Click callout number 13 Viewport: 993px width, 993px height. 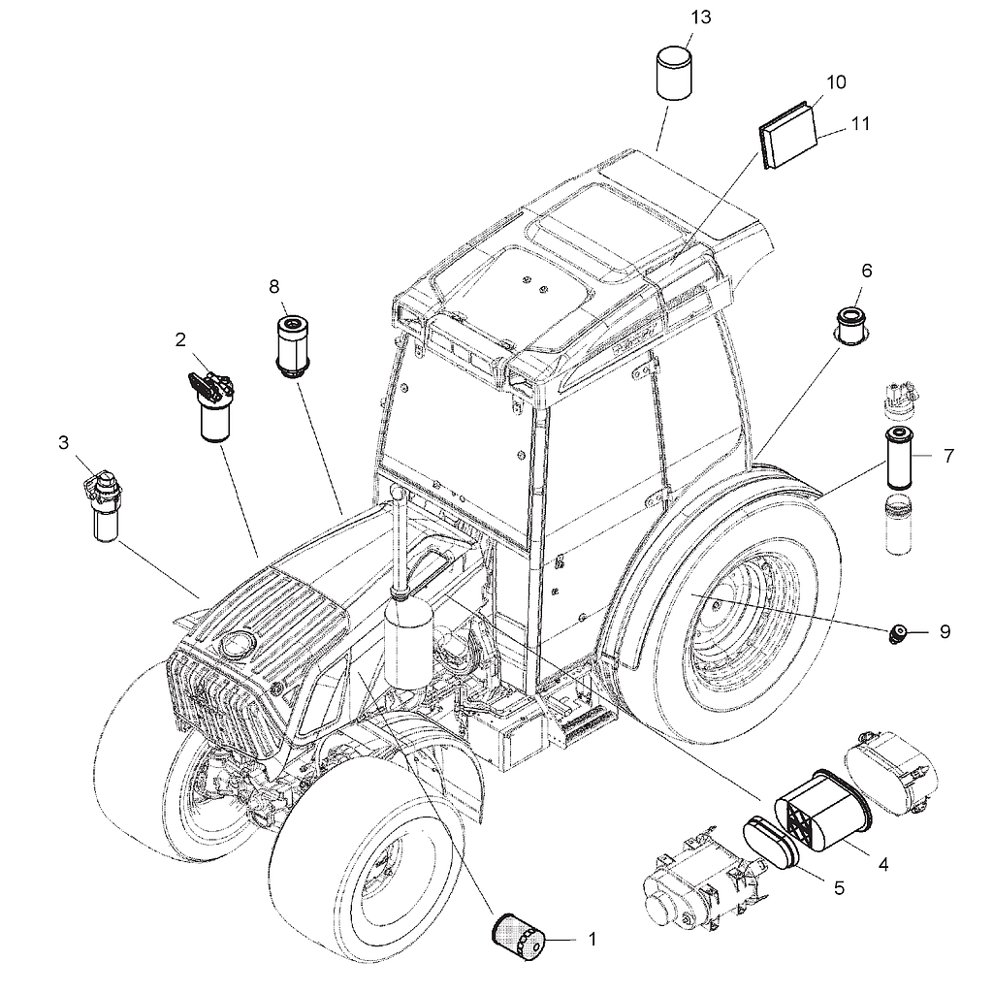click(700, 17)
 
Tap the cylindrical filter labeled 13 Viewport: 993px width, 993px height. click(673, 73)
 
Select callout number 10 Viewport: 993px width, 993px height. click(836, 81)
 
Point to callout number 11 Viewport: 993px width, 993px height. click(859, 123)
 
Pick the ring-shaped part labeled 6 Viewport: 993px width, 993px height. click(852, 326)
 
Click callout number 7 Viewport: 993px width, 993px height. click(948, 456)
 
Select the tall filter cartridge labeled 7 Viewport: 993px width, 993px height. click(898, 458)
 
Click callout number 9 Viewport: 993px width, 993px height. click(945, 631)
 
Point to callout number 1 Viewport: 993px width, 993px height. click(593, 939)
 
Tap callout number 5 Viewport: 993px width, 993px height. click(839, 888)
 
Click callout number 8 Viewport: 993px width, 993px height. click(273, 287)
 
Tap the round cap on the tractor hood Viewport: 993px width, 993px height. click(237, 645)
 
